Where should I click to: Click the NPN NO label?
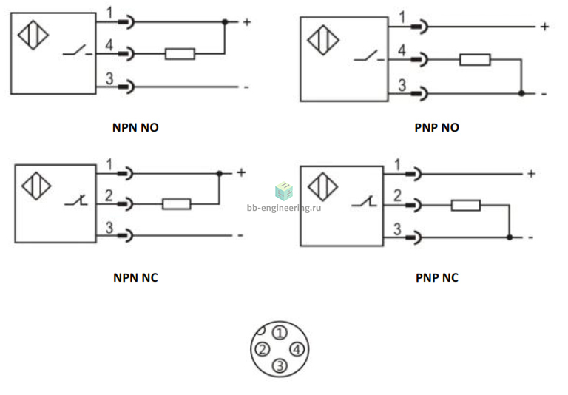[x=135, y=127]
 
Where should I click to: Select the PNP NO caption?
[x=437, y=127]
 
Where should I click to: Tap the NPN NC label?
[x=135, y=277]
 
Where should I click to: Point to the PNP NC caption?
[x=437, y=277]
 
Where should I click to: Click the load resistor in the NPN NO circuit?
[x=180, y=54]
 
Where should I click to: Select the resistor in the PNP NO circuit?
[x=475, y=60]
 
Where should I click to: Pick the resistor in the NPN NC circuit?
[x=177, y=204]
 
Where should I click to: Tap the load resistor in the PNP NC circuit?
[x=465, y=206]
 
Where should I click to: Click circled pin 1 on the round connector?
[x=280, y=333]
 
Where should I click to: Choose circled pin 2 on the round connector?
[x=263, y=349]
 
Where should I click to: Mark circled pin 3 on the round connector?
[x=280, y=365]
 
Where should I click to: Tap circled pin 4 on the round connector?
[x=297, y=349]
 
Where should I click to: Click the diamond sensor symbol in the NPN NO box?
[x=33, y=35]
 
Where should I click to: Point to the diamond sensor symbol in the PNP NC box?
[x=322, y=187]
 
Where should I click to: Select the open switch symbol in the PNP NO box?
[x=369, y=56]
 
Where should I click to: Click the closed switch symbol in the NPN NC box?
[x=76, y=200]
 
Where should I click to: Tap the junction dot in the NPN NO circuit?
[x=225, y=22]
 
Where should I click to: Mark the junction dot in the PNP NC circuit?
[x=510, y=237]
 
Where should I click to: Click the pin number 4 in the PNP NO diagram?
[x=402, y=50]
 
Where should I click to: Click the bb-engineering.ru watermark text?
[x=284, y=208]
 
